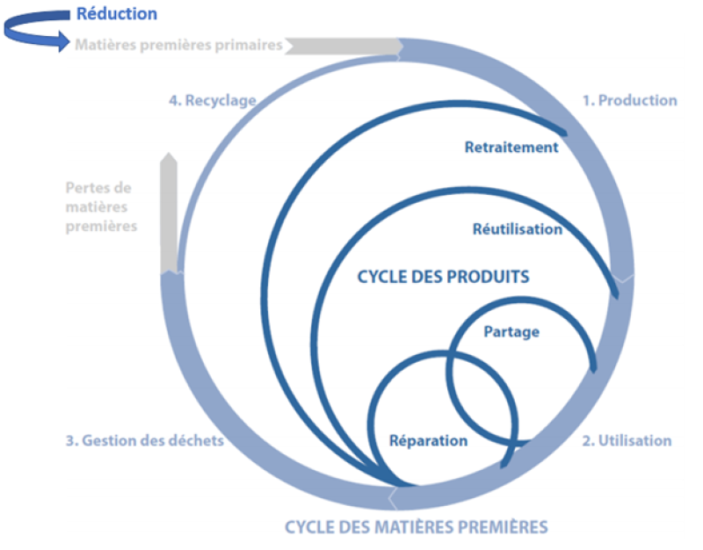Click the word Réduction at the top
click(x=116, y=14)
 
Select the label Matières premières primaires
click(x=178, y=45)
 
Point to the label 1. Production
click(x=629, y=100)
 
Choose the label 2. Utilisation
click(x=627, y=440)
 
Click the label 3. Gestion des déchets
click(x=144, y=440)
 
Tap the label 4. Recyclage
click(x=212, y=100)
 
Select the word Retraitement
click(x=511, y=147)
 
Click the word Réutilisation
click(x=517, y=229)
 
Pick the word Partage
click(x=511, y=331)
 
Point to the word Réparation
click(x=428, y=440)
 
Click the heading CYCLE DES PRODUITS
click(x=443, y=277)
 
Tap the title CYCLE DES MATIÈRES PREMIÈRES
click(x=416, y=527)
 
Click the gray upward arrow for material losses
click(x=169, y=211)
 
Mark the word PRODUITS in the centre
click(x=489, y=277)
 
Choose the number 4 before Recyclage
click(x=173, y=100)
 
